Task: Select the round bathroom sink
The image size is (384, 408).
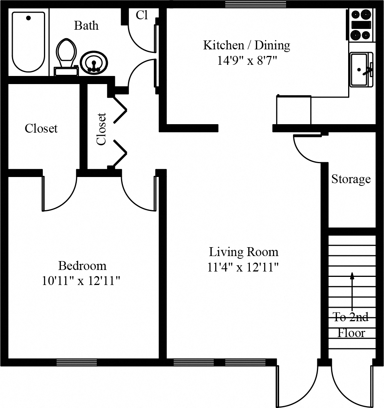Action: [94, 63]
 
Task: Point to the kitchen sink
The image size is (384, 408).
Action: [361, 69]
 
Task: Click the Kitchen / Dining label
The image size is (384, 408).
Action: [246, 46]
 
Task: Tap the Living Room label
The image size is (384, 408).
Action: [243, 252]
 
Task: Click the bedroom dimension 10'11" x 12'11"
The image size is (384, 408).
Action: [82, 281]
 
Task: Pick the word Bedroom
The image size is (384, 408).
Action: [82, 266]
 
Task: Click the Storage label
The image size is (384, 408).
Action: [351, 179]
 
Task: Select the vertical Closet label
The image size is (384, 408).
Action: [101, 129]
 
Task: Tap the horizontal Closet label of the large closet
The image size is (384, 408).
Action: [41, 128]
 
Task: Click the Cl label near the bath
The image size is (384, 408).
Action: [141, 15]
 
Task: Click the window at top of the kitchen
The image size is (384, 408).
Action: [255, 4]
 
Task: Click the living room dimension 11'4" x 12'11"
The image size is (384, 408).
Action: [243, 267]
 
